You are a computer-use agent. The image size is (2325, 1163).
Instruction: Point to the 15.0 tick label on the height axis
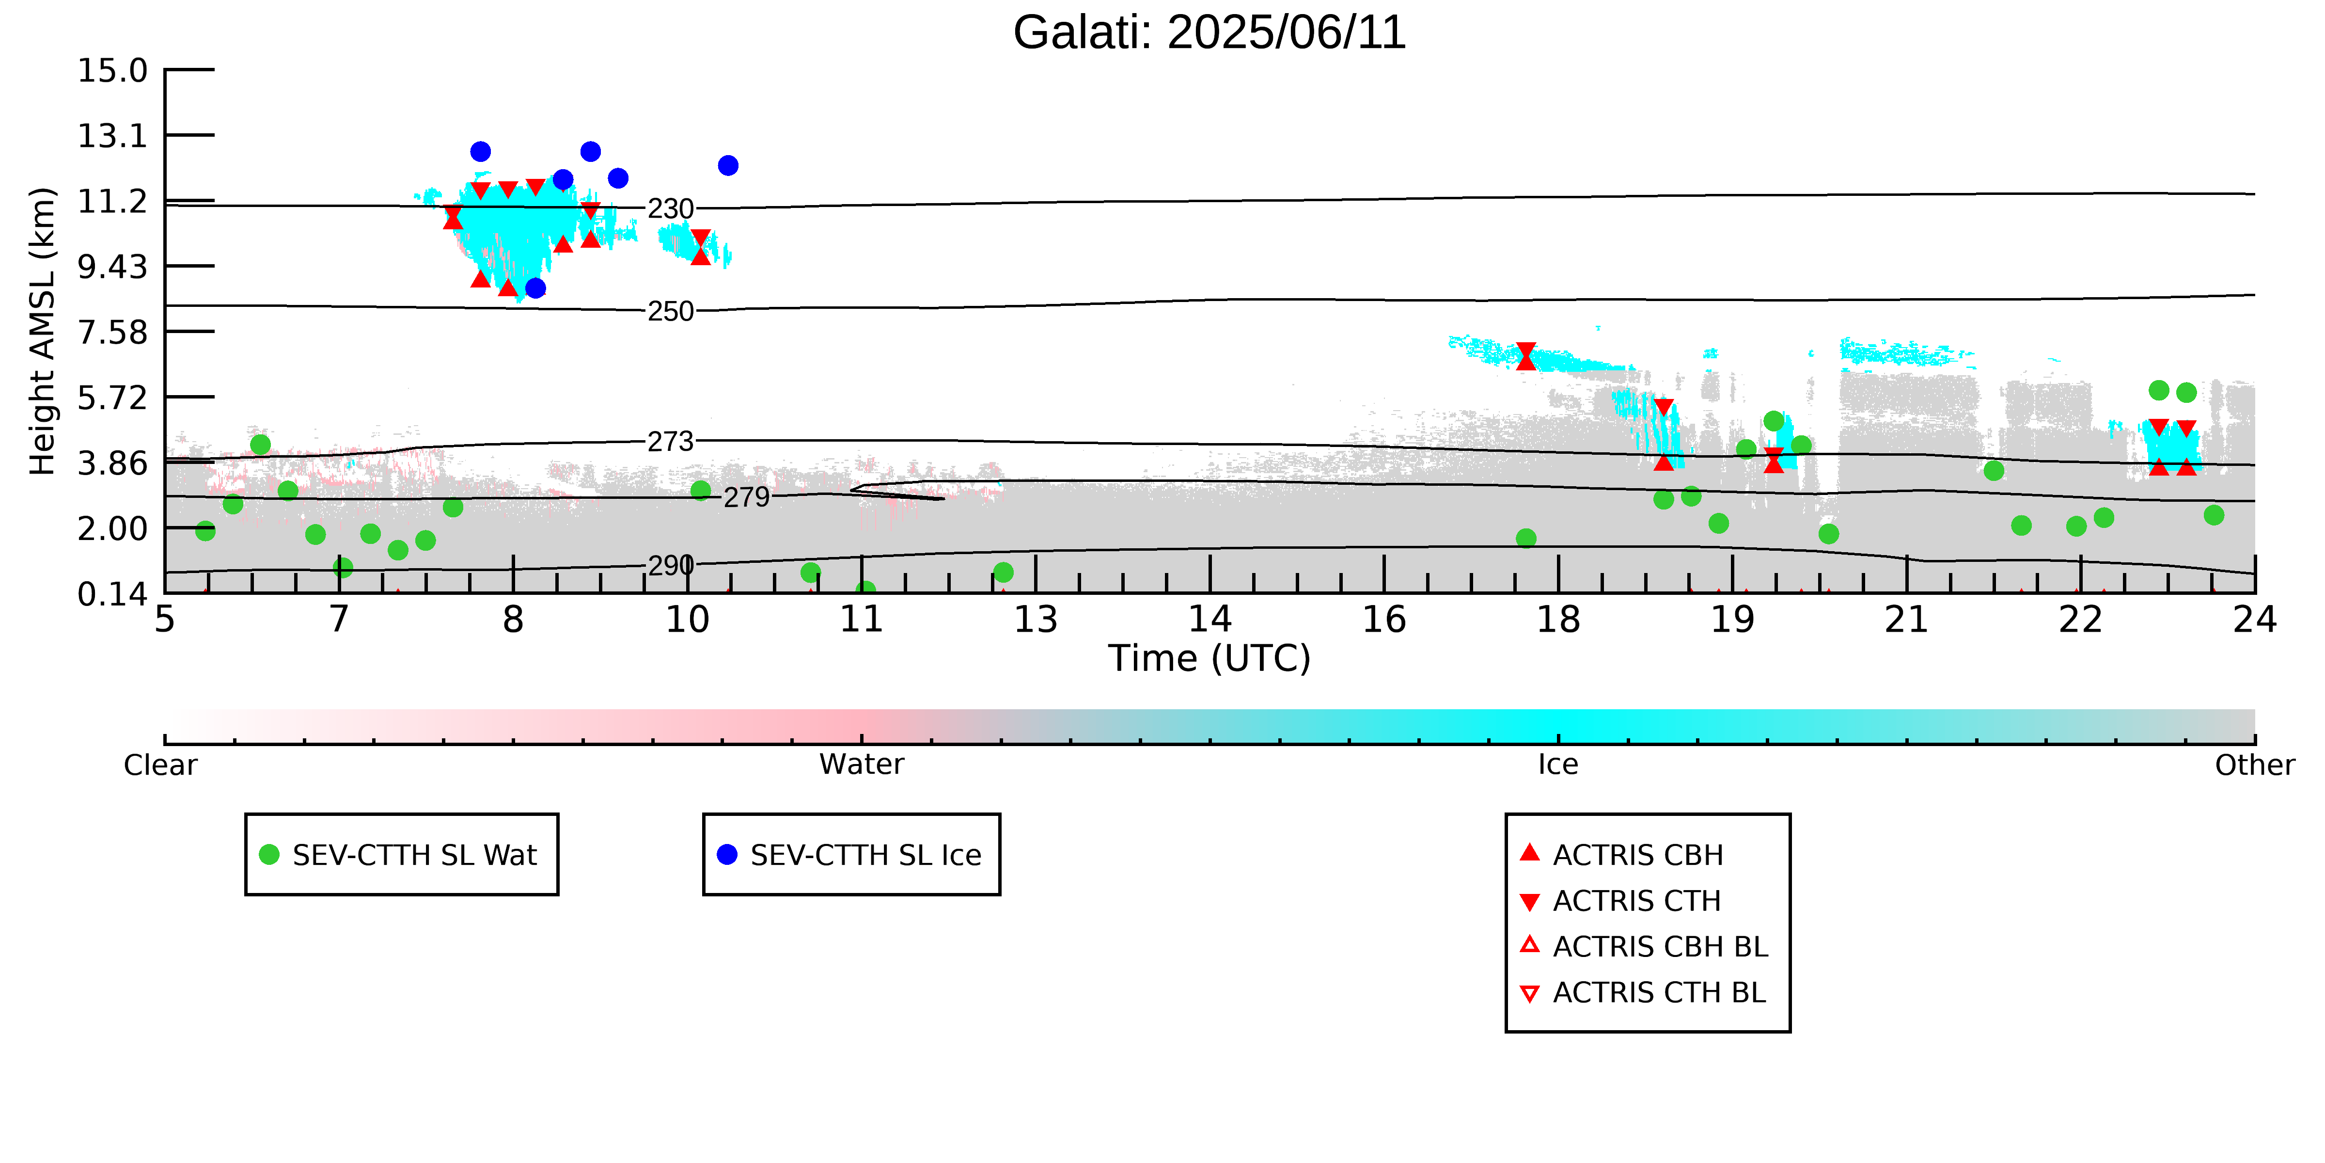click(x=112, y=70)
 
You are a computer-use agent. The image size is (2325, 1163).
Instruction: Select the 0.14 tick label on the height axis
click(x=112, y=594)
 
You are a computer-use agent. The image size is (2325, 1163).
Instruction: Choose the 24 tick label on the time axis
click(x=2255, y=621)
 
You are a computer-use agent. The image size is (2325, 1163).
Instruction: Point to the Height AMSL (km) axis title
click(x=43, y=332)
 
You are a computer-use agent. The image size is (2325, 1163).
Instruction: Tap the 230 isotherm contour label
click(x=671, y=209)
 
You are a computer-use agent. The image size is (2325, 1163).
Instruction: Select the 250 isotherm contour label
click(x=671, y=312)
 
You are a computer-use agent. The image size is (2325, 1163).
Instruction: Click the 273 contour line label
click(x=671, y=442)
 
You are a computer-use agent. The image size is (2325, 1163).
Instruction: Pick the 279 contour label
click(x=746, y=497)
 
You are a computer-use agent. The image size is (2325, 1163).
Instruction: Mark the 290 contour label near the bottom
click(x=671, y=566)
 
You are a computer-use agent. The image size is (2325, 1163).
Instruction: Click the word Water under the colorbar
click(x=861, y=765)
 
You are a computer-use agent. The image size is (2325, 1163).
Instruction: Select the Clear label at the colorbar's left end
click(x=160, y=765)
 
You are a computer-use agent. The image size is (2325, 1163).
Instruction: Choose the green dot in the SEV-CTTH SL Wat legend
click(x=269, y=854)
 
